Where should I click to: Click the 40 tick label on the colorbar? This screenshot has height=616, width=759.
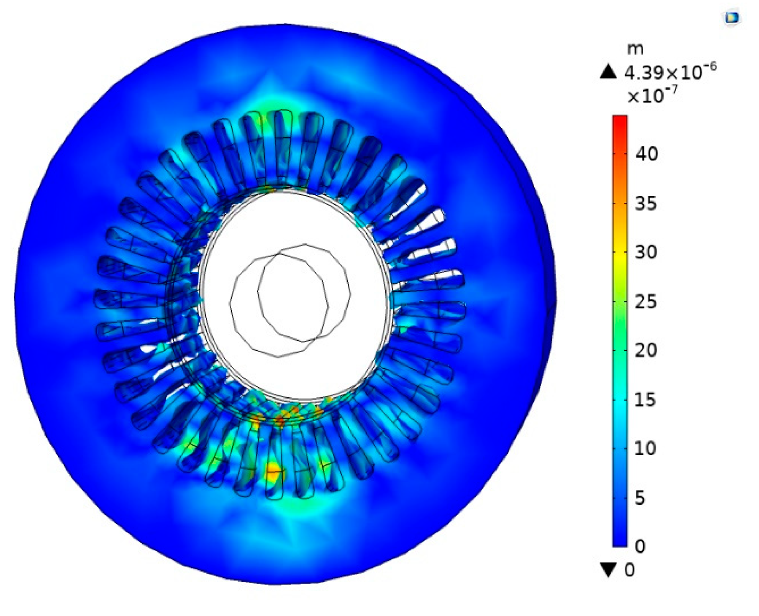(x=646, y=154)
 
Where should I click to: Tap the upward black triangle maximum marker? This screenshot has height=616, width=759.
(x=608, y=72)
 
